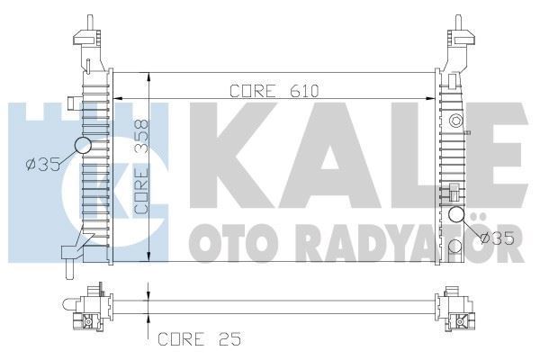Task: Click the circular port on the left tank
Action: click(83, 145)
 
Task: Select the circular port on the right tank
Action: click(457, 214)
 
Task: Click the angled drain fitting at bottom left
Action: click(70, 253)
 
